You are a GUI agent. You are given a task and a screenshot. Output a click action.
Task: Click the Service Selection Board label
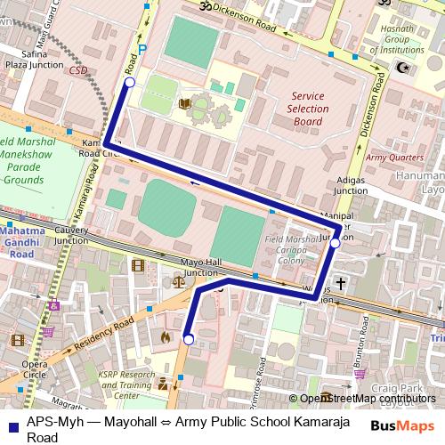pyautogui.click(x=308, y=108)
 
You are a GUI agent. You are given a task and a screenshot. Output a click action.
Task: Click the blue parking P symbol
pyautogui.click(x=142, y=51)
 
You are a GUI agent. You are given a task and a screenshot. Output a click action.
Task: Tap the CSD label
pyautogui.click(x=79, y=69)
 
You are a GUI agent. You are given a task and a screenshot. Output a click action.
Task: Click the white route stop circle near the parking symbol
pyautogui.click(x=129, y=83)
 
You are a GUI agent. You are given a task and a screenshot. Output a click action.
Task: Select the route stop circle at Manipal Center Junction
pyautogui.click(x=335, y=241)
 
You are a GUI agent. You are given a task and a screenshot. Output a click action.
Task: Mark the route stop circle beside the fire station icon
pyautogui.click(x=188, y=338)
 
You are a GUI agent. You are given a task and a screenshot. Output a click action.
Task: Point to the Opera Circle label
pyautogui.click(x=35, y=369)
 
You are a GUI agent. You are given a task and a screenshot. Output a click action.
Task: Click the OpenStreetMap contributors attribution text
pyautogui.click(x=368, y=399)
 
